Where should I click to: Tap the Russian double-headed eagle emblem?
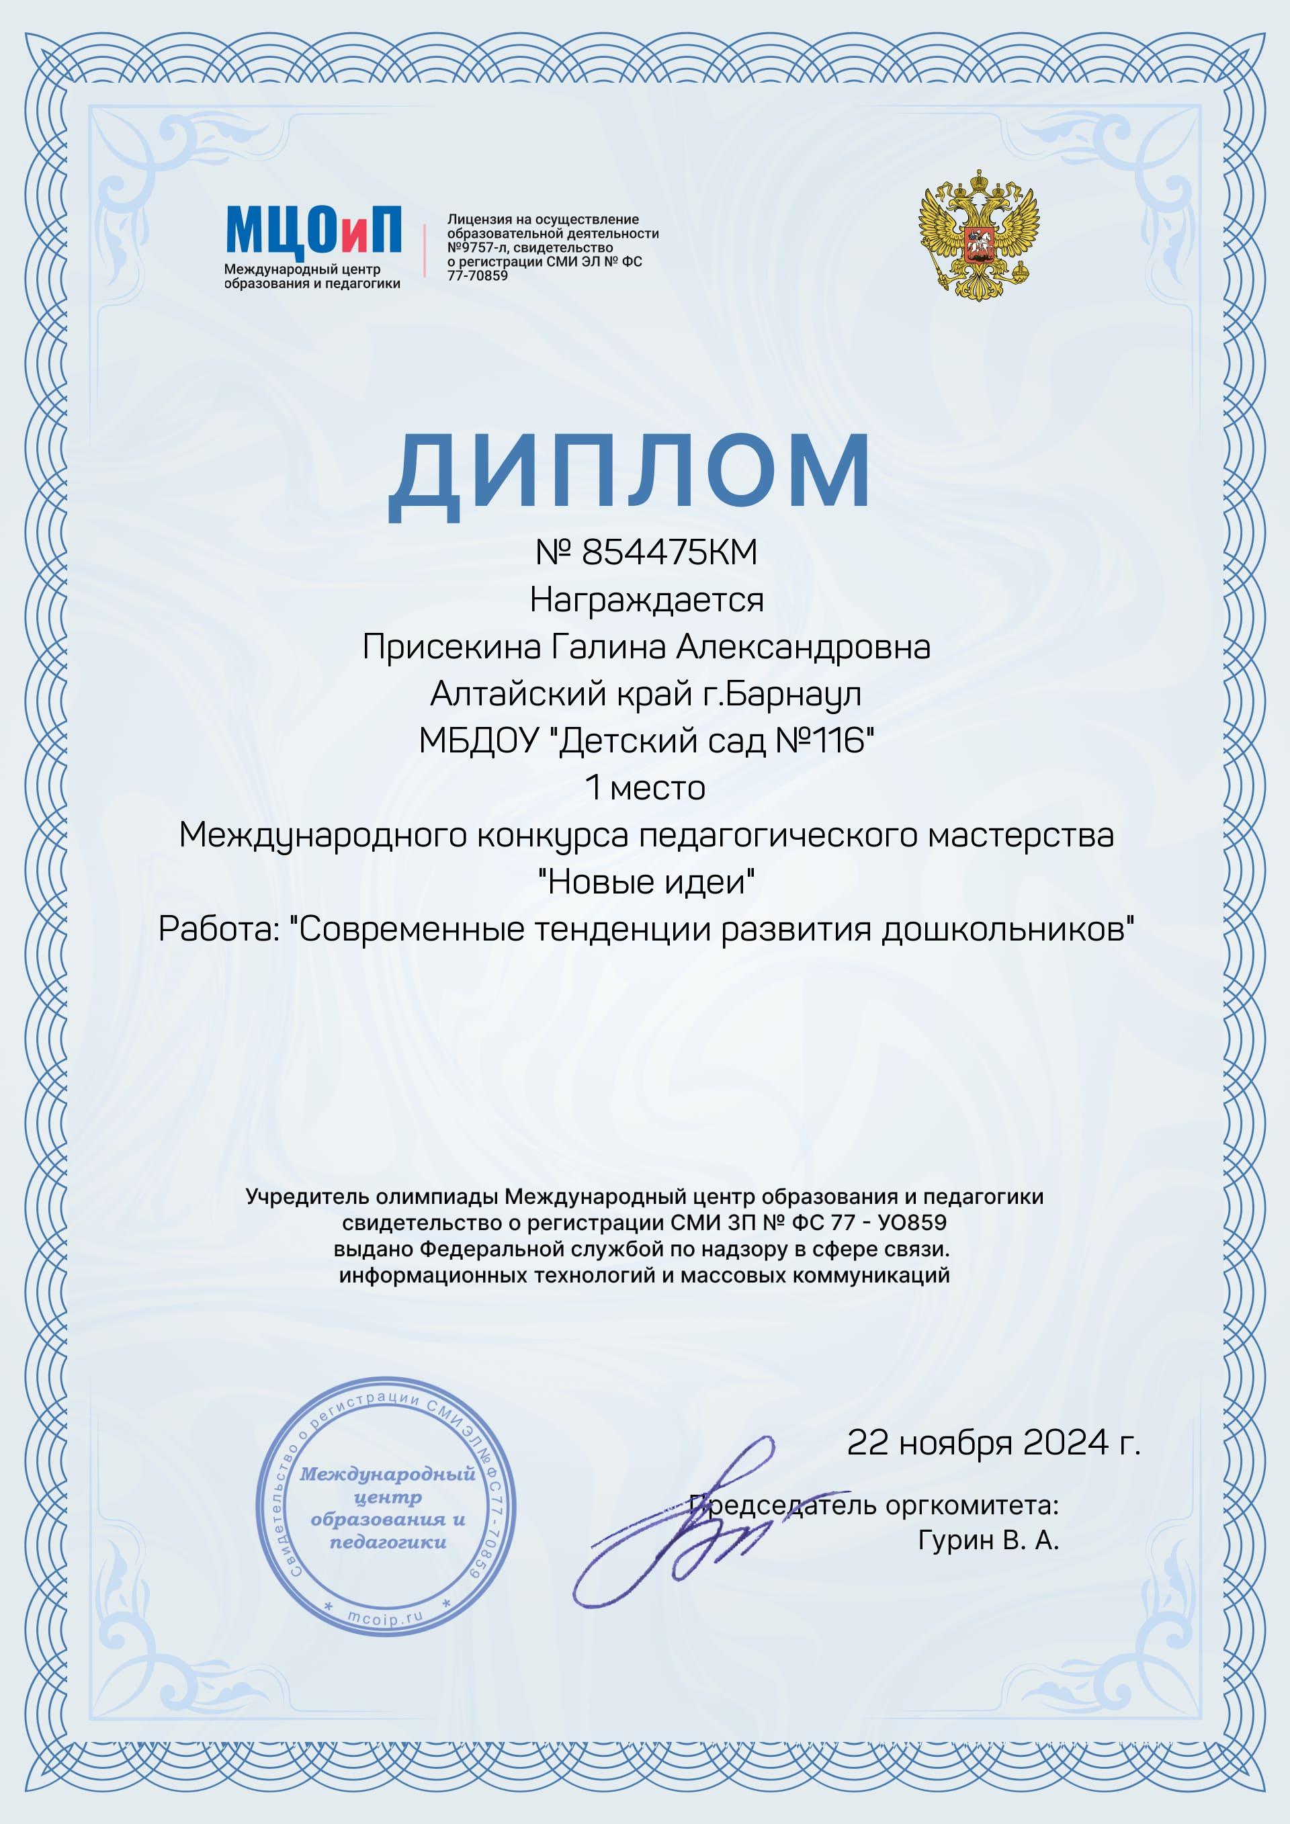click(x=979, y=235)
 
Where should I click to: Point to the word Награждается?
click(x=646, y=600)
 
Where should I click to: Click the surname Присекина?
click(x=451, y=647)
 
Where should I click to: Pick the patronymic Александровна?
click(x=803, y=647)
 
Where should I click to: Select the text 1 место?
click(x=645, y=787)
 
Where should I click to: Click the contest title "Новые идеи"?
click(x=646, y=882)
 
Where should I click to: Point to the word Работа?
click(x=219, y=928)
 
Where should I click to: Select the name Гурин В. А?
click(x=988, y=1540)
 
